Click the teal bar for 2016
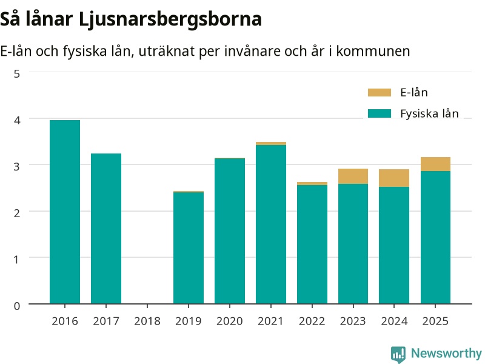point(65,212)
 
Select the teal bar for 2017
point(106,229)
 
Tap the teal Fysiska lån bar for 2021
point(271,224)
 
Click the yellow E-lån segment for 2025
point(435,164)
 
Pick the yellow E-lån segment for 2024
point(394,178)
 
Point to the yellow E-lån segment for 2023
point(353,177)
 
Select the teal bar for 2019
point(189,248)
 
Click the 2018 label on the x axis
point(147,321)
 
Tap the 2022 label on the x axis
point(312,321)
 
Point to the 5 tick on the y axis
point(17,74)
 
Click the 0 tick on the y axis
point(17,306)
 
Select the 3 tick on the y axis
point(17,166)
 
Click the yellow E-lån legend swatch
point(380,92)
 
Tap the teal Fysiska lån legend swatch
point(380,113)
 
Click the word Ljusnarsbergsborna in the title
point(170,19)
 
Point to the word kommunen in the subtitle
point(373,51)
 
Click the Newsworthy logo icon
point(398,354)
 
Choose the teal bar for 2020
point(230,231)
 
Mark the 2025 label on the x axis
point(435,321)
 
